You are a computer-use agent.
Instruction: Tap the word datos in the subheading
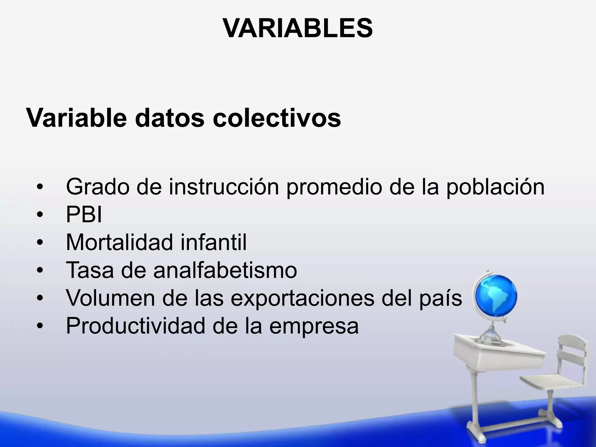pyautogui.click(x=170, y=118)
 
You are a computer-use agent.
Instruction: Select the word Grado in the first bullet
pyautogui.click(x=97, y=187)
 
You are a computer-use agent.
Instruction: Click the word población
pyautogui.click(x=495, y=187)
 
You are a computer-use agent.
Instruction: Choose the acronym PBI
pyautogui.click(x=84, y=215)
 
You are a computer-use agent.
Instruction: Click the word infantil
pyautogui.click(x=213, y=242)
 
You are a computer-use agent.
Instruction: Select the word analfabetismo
pyautogui.click(x=225, y=270)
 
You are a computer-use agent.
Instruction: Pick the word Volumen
pyautogui.click(x=111, y=298)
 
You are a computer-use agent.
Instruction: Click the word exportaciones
pyautogui.click(x=302, y=298)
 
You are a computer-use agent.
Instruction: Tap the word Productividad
pyautogui.click(x=136, y=326)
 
